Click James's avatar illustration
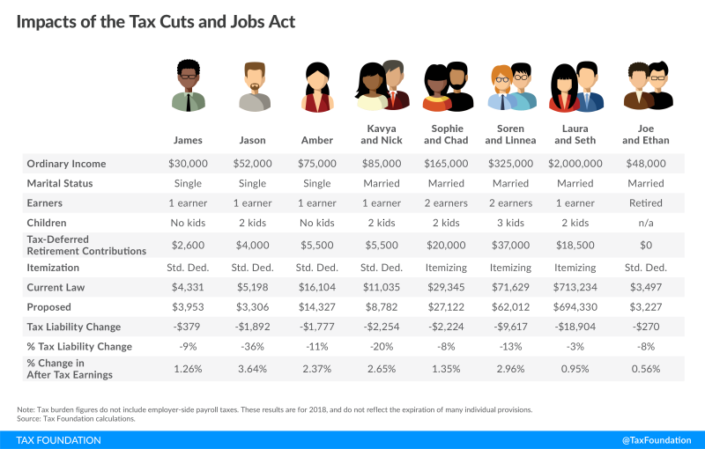[189, 86]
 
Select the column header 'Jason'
[252, 140]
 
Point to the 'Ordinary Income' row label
[67, 164]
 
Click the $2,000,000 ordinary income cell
[575, 164]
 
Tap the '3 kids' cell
[510, 223]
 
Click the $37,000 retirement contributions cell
[510, 247]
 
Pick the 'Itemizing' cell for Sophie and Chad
[446, 267]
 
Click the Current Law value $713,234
[574, 287]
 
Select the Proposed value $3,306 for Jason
[252, 306]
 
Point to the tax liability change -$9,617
[510, 327]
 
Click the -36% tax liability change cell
[252, 346]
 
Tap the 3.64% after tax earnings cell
[252, 370]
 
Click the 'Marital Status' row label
[61, 183]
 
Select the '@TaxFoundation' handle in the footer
[657, 440]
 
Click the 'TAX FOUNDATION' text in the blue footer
[59, 440]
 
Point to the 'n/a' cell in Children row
[646, 223]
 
